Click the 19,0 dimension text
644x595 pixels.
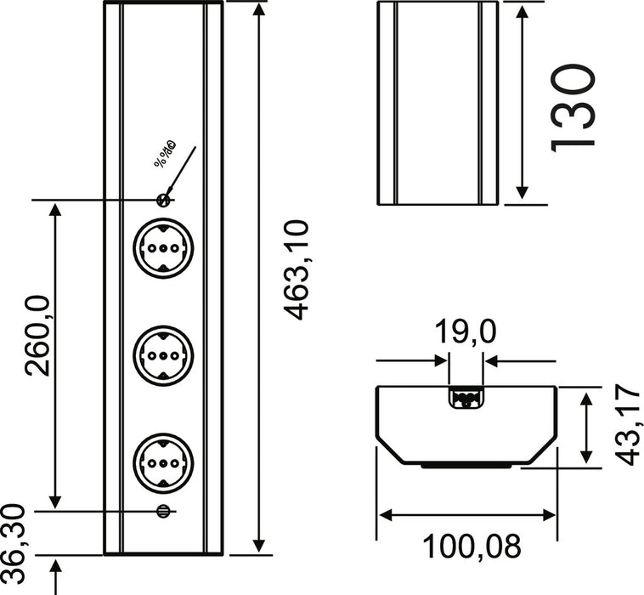pyautogui.click(x=466, y=332)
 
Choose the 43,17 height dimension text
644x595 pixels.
pyautogui.click(x=627, y=425)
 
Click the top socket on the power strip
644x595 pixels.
pyautogui.click(x=163, y=251)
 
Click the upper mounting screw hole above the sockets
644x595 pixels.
pyautogui.click(x=165, y=200)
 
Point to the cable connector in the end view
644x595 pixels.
pyautogui.click(x=466, y=398)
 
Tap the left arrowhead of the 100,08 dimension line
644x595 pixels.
pyautogui.click(x=384, y=515)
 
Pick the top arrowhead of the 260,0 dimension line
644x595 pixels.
pyautogui.click(x=56, y=209)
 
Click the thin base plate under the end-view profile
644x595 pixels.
pyautogui.click(x=466, y=467)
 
